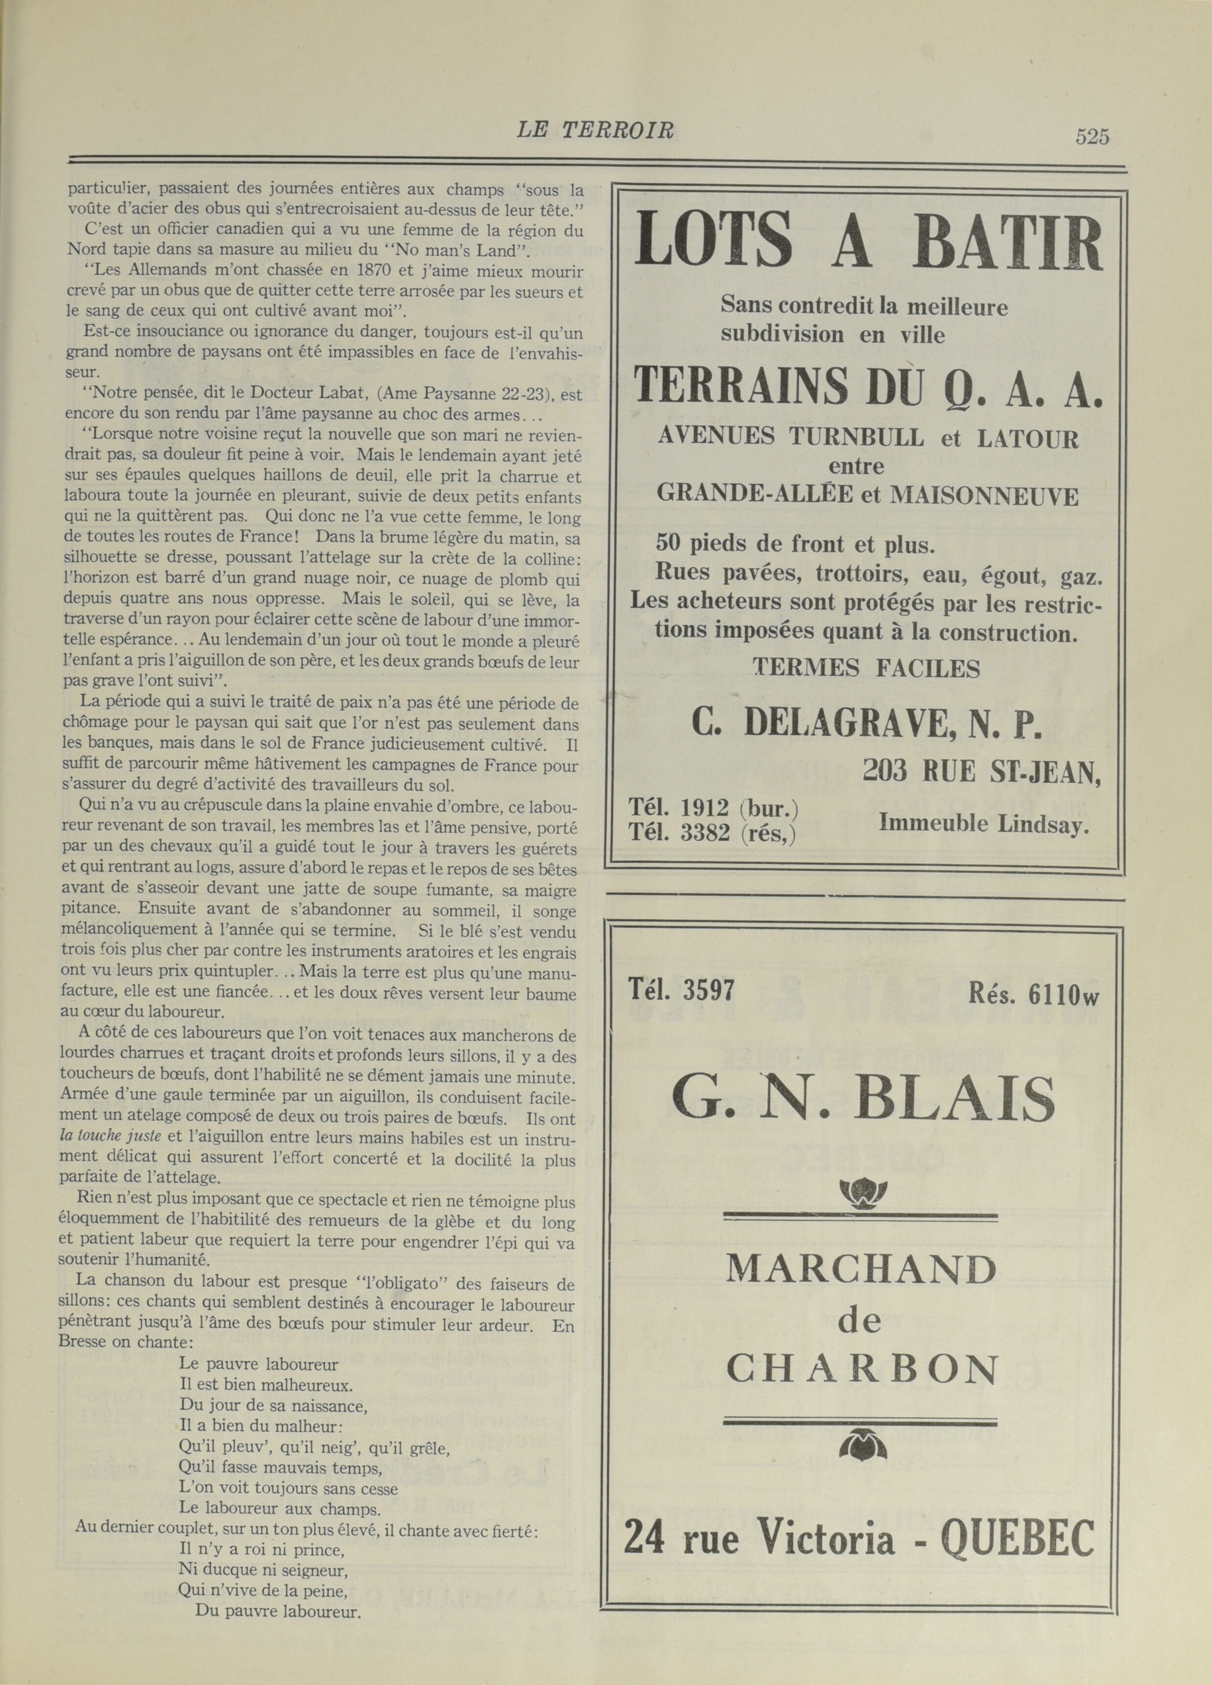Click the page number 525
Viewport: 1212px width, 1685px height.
point(1091,137)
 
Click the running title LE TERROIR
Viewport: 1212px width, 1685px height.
point(594,131)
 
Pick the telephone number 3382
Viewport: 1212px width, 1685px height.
point(705,833)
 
